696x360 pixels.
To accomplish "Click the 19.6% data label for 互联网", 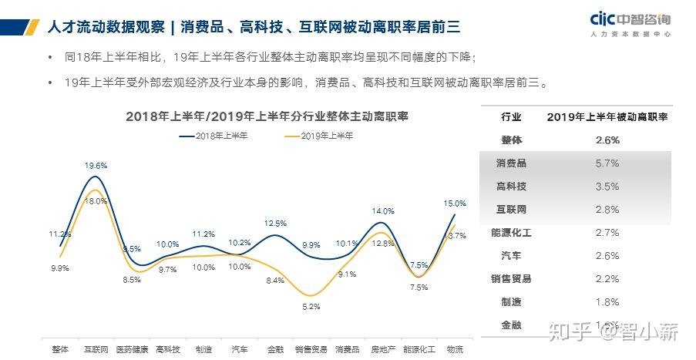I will coord(96,166).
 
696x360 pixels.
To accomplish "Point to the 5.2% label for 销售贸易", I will coord(311,306).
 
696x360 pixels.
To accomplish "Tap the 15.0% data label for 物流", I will coord(455,204).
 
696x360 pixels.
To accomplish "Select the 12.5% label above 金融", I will coord(275,224).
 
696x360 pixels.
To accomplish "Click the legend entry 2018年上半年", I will coord(215,136).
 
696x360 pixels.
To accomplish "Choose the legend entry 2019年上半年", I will coord(320,136).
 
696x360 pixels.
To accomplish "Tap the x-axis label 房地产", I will coord(383,349).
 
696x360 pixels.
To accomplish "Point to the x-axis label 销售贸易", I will coord(311,349).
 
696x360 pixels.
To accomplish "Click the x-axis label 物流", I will coord(455,349).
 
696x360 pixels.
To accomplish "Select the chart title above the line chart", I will coord(267,116).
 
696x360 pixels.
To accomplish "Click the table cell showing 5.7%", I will coord(607,163).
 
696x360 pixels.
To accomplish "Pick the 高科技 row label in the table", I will coord(511,187).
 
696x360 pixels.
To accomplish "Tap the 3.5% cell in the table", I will coord(607,187).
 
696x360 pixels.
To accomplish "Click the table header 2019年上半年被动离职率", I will coord(607,117).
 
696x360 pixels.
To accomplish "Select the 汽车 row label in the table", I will coord(511,256).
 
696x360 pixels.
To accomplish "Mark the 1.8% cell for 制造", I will coord(607,302).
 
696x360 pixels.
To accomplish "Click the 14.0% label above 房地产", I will coord(383,211).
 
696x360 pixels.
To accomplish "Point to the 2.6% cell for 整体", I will coord(607,140).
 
